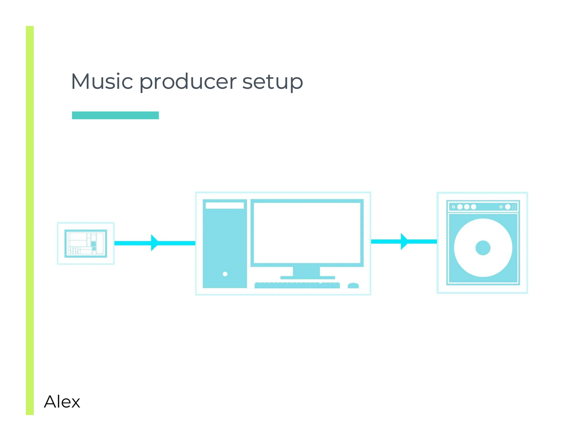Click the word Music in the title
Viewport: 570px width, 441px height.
click(102, 81)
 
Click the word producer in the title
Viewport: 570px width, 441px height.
click(188, 81)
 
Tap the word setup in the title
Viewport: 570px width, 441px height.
click(273, 81)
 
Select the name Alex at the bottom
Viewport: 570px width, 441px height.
click(62, 402)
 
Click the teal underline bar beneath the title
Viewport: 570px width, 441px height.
click(115, 115)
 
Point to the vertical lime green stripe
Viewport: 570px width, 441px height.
click(30, 219)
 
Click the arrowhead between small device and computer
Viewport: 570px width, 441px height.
click(154, 243)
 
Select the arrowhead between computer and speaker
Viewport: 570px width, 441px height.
click(404, 242)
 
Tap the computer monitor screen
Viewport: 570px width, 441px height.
click(307, 233)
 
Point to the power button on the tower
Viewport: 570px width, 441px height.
click(225, 274)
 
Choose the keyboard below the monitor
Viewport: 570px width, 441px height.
click(297, 285)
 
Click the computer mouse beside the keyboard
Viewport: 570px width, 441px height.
click(353, 286)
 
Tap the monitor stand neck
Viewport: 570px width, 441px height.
click(306, 271)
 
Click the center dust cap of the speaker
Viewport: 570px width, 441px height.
click(483, 248)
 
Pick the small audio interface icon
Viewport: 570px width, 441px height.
click(85, 243)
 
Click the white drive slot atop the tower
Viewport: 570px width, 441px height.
click(224, 206)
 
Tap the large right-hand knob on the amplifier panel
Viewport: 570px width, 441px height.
click(508, 207)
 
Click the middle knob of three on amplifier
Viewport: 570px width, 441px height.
click(467, 207)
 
